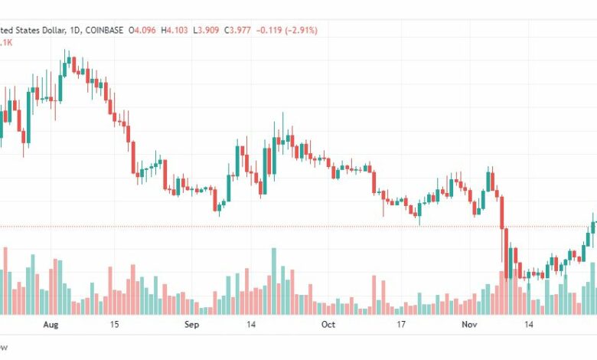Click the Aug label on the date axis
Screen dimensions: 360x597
click(x=51, y=325)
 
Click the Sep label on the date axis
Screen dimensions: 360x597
click(x=191, y=325)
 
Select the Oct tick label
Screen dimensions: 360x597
click(x=328, y=325)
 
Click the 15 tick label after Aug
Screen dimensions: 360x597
click(x=114, y=325)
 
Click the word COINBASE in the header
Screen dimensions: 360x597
click(x=104, y=30)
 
